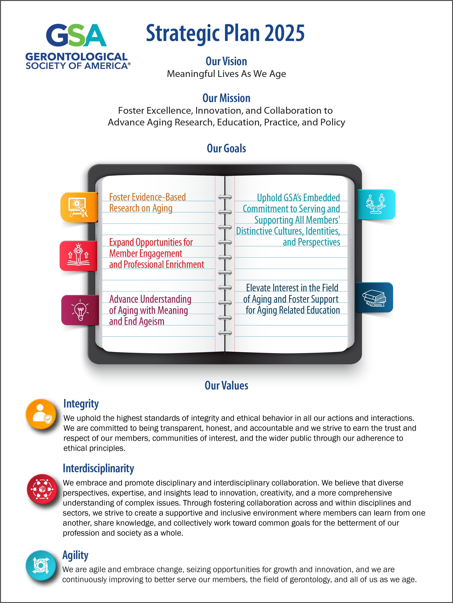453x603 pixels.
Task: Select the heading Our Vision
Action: [x=226, y=61]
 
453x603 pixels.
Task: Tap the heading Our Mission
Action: [x=226, y=98]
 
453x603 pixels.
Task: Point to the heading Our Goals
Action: [x=226, y=148]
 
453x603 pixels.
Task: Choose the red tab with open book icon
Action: [x=79, y=256]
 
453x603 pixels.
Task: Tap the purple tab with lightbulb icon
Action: [x=80, y=310]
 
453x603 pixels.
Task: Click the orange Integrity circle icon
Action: [x=41, y=414]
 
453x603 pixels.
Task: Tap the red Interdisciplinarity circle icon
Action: [x=42, y=489]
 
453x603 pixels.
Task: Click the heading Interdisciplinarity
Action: [x=98, y=468]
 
